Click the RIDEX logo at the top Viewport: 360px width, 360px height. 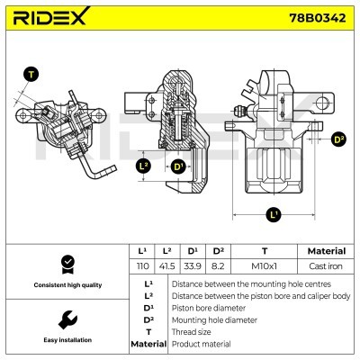click(50, 19)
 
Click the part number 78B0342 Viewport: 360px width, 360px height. click(312, 19)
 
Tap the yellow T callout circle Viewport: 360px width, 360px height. click(32, 75)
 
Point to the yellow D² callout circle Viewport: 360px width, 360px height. click(338, 139)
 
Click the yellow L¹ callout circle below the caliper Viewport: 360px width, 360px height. click(274, 214)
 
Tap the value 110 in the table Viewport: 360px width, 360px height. click(142, 267)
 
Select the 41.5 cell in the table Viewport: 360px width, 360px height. click(167, 267)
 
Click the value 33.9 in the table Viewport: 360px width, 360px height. click(192, 267)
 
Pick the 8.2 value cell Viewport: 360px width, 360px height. click(216, 267)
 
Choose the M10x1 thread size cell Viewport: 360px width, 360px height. click(264, 267)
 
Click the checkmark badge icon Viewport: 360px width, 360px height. click(65, 265)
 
